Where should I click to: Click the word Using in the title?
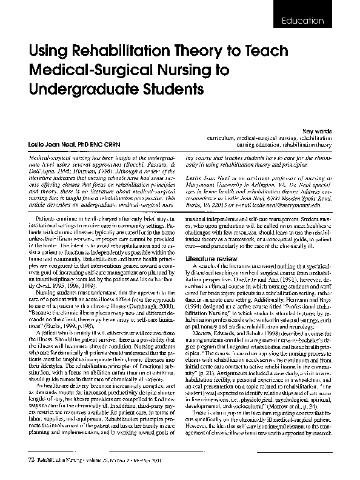[x=46, y=53]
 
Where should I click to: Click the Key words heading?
[x=318, y=131]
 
